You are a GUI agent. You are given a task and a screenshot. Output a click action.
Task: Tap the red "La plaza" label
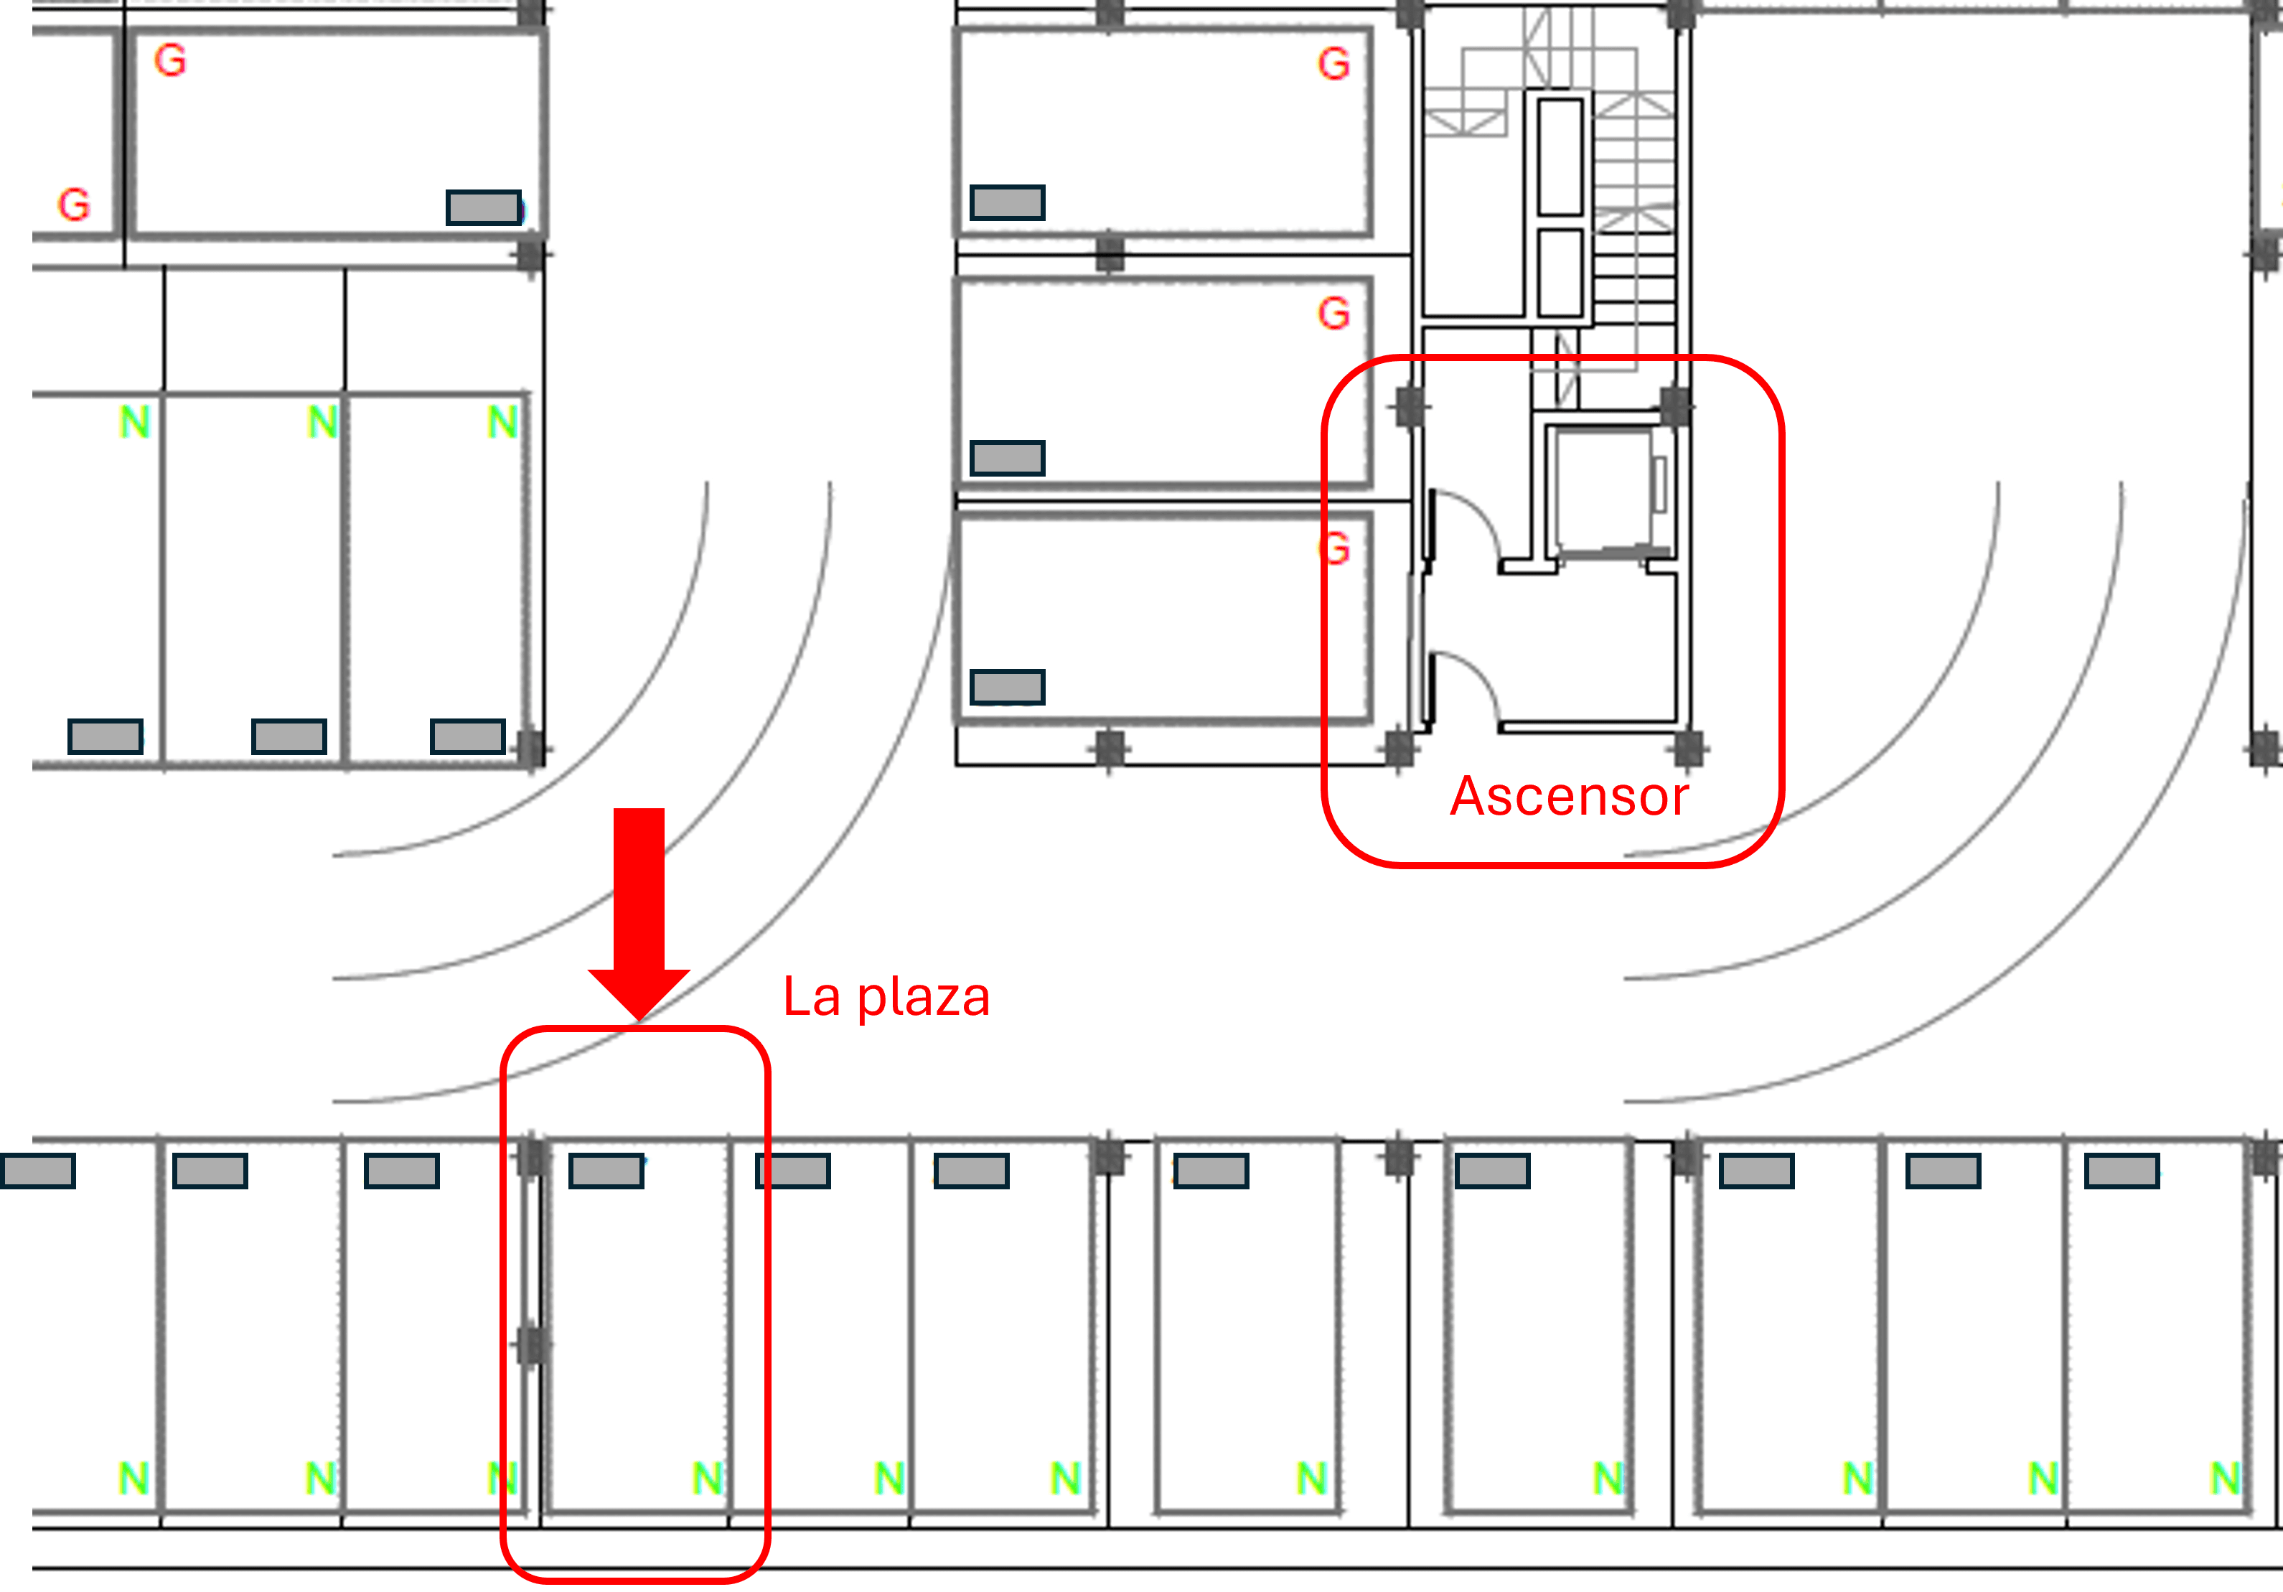point(886,998)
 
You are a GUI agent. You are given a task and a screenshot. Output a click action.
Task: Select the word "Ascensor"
point(1569,797)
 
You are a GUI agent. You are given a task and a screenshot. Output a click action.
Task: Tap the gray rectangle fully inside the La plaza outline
point(606,1171)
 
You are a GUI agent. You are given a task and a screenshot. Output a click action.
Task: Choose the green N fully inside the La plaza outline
point(708,1478)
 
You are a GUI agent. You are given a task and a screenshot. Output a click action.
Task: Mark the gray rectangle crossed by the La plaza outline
point(792,1171)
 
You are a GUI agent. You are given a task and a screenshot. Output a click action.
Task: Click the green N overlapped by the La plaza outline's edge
point(503,1478)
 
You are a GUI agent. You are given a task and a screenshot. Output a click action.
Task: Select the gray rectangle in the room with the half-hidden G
point(1007,687)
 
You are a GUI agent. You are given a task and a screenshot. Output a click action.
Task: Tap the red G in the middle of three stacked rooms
point(1334,313)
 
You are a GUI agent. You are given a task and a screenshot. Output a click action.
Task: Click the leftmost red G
point(74,205)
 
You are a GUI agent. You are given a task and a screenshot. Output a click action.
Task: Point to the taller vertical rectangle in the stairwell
point(1560,156)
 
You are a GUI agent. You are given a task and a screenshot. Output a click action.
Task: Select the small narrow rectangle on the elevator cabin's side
point(1659,484)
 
